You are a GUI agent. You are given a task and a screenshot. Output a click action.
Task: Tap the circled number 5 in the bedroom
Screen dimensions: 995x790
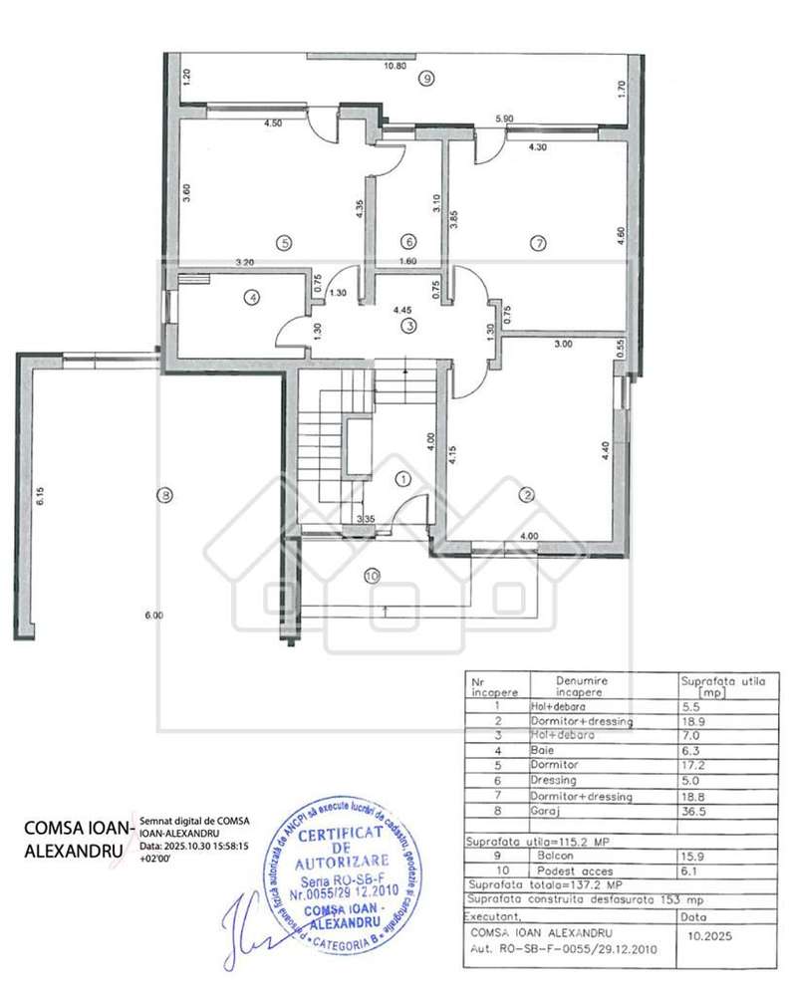point(283,241)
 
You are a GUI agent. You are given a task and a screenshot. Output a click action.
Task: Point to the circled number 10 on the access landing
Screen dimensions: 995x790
point(372,575)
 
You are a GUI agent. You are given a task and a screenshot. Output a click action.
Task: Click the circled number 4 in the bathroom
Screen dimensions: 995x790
point(254,296)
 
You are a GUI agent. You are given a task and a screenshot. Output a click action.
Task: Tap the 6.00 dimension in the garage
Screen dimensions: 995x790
point(152,617)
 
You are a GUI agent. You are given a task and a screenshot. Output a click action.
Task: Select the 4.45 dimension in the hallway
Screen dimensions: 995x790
point(403,309)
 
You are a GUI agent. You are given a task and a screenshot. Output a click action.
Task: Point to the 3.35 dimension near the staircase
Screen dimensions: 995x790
point(366,519)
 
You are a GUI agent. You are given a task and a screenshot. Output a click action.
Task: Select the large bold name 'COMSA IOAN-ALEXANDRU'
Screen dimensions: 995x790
point(77,839)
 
